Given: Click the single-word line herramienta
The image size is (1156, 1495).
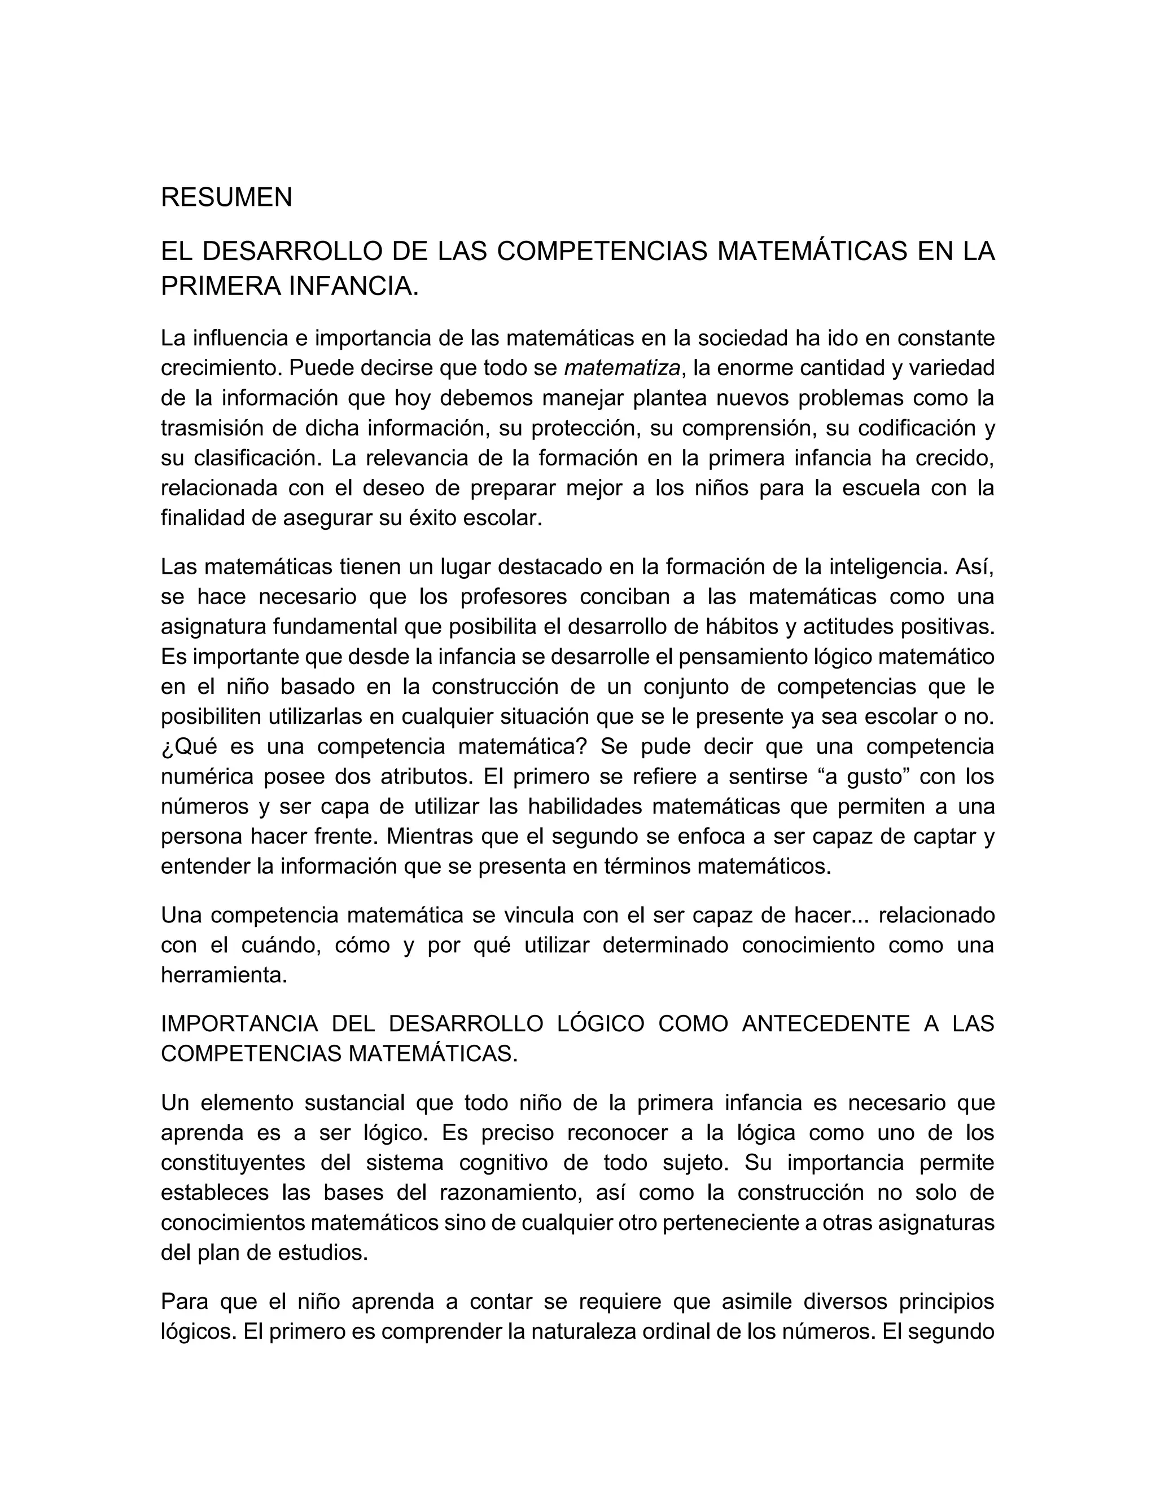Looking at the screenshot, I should click(224, 975).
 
